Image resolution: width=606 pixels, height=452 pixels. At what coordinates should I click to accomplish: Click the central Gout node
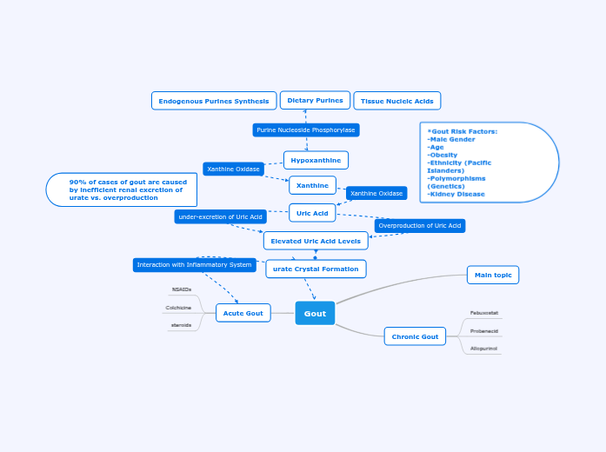click(x=315, y=313)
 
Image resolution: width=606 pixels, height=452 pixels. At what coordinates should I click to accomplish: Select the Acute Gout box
click(x=243, y=313)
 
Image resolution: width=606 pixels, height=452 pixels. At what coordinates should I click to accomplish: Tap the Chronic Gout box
click(x=415, y=336)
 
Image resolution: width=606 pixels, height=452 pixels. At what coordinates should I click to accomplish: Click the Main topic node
click(x=493, y=275)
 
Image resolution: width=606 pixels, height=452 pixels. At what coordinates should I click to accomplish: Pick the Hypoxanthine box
click(x=316, y=160)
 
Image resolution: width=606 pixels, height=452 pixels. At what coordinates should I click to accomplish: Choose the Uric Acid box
click(x=312, y=213)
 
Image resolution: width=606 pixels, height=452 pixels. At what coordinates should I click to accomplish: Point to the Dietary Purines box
click(x=315, y=101)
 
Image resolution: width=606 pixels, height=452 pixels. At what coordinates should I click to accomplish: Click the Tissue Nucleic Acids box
click(x=396, y=101)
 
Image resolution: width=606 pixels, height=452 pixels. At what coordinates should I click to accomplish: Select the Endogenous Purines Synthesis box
click(x=214, y=101)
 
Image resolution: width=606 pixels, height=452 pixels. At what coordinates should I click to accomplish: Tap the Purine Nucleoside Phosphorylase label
click(x=306, y=130)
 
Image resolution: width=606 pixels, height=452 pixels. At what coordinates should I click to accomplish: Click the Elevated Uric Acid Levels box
click(x=316, y=241)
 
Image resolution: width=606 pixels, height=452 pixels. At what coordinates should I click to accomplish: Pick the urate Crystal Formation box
click(x=316, y=269)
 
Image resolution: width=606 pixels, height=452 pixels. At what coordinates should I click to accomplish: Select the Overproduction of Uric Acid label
click(x=420, y=225)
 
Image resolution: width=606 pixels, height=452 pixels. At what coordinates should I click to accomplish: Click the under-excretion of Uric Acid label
click(x=220, y=216)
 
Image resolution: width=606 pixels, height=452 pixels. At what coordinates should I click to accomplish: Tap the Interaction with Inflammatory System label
click(x=194, y=264)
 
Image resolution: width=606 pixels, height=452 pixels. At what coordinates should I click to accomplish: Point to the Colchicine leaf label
click(x=179, y=307)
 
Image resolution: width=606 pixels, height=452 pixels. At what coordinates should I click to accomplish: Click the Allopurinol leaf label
click(x=484, y=349)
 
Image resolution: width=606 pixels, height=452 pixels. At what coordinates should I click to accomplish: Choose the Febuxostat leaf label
click(x=484, y=312)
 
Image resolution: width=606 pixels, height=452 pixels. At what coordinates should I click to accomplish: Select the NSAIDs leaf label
click(x=182, y=289)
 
